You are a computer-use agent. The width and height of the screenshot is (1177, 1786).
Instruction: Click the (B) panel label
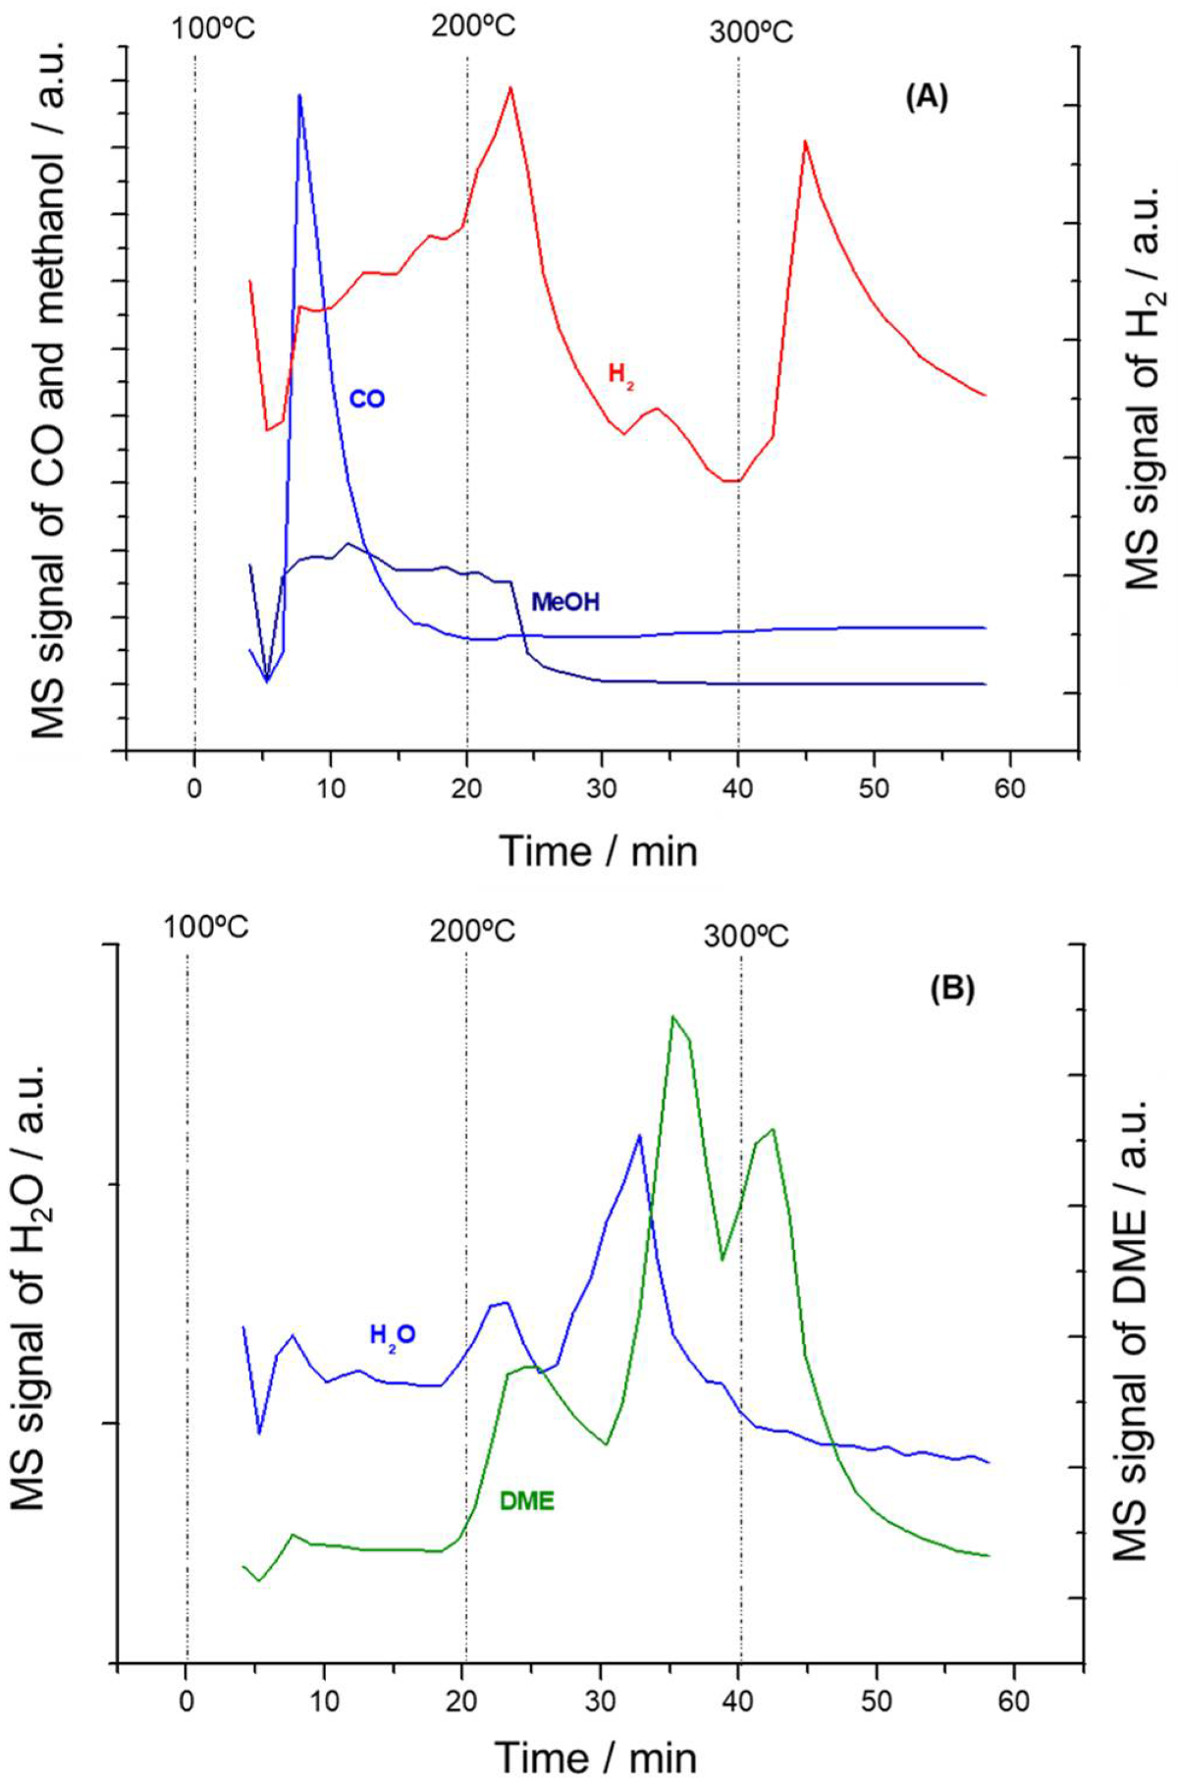click(952, 988)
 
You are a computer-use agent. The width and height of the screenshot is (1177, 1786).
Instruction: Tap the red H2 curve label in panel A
click(620, 374)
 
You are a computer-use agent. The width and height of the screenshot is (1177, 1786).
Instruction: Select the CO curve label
click(367, 399)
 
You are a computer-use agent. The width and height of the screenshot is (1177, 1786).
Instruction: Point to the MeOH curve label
click(564, 602)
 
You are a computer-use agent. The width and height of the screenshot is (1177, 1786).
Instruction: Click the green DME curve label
click(526, 1500)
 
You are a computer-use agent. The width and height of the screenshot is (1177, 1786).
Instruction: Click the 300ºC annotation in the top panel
click(751, 32)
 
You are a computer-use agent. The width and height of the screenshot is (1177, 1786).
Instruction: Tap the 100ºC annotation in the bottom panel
click(205, 927)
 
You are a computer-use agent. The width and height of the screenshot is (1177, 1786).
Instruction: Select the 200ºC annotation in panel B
click(472, 930)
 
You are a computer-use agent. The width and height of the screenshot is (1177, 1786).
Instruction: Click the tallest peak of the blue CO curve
click(299, 96)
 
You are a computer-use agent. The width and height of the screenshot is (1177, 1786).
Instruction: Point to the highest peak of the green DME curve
click(672, 1017)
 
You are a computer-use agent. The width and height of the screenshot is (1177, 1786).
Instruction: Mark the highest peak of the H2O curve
click(640, 1136)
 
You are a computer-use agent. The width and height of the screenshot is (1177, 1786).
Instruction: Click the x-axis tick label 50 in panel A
click(874, 788)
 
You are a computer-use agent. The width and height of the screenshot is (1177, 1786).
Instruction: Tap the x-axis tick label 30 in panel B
click(600, 1700)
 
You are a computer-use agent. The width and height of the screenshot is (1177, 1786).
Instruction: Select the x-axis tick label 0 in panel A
click(194, 788)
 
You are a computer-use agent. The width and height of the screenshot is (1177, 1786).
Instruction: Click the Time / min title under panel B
click(596, 1758)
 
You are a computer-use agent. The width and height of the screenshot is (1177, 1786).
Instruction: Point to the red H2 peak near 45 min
click(805, 142)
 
